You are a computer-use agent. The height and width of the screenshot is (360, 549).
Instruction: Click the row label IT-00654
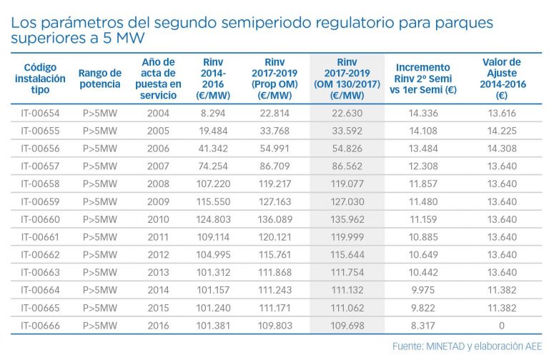(40, 113)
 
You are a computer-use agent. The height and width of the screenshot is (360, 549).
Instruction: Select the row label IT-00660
(40, 219)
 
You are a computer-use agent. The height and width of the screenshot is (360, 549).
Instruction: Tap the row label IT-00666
(40, 324)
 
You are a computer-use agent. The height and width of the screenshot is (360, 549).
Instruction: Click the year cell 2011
(157, 236)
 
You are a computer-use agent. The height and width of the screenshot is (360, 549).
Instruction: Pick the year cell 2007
(157, 166)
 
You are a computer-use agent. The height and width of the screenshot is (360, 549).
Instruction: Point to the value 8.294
(213, 113)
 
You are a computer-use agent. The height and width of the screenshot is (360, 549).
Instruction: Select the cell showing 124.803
(213, 219)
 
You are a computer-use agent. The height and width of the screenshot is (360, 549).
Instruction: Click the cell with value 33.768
(274, 131)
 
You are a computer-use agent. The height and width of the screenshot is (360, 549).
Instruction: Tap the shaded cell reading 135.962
(347, 219)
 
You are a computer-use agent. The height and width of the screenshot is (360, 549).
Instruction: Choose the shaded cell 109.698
(347, 324)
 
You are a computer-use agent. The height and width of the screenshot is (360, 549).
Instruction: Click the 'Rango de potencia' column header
(100, 78)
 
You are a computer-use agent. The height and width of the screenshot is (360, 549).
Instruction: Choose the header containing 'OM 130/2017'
(347, 78)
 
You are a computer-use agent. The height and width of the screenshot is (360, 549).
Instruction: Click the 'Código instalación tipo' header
(40, 78)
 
